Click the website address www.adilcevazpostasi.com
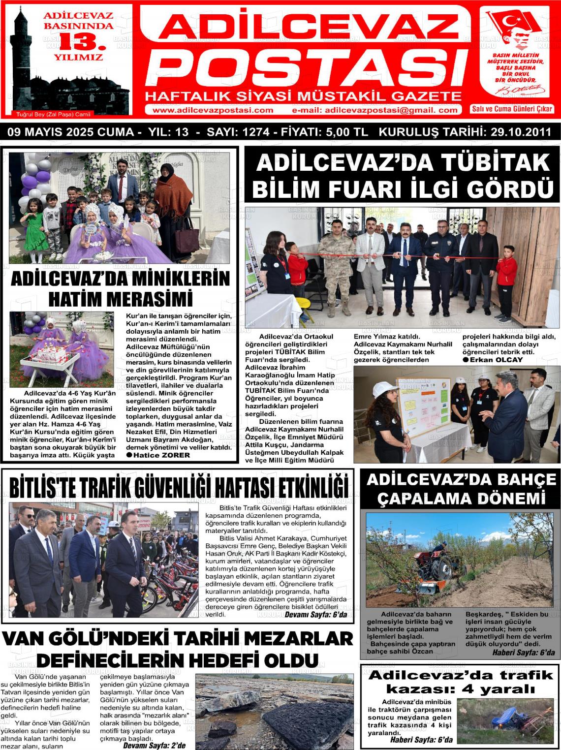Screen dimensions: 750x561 click(x=213, y=110)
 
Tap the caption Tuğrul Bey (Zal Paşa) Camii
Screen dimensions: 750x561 click(x=54, y=114)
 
